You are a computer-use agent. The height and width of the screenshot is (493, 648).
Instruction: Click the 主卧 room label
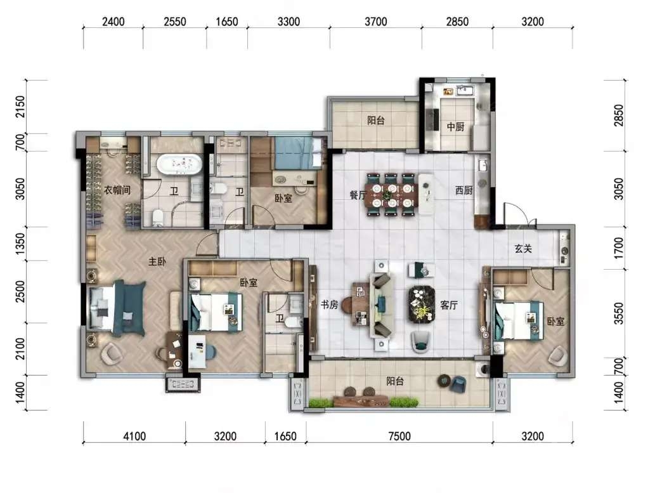point(157,261)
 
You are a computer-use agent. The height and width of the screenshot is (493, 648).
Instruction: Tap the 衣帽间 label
point(117,190)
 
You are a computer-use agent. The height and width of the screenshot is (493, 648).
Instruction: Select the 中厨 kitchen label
point(455,126)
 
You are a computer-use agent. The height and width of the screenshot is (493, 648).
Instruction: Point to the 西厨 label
point(463,190)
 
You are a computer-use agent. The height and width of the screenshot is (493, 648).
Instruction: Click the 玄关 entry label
point(523,249)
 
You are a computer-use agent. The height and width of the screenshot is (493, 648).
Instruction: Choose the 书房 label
point(329,305)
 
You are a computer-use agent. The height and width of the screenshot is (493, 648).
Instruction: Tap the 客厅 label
point(449,305)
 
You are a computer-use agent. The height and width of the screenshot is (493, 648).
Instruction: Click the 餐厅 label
point(358,195)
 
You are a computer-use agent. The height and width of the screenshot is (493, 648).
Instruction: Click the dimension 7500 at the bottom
point(399,436)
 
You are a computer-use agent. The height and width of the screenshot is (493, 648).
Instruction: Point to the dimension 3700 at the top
point(375,22)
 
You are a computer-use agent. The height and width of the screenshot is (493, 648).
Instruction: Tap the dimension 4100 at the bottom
point(134,436)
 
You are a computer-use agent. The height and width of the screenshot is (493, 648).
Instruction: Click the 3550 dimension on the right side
point(618,313)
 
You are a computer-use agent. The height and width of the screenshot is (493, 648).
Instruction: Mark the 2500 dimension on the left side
point(20,291)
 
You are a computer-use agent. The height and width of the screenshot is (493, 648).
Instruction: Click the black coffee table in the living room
point(422,304)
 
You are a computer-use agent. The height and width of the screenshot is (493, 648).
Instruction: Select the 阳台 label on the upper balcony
point(376,121)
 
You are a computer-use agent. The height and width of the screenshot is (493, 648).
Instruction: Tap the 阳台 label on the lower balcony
point(395,381)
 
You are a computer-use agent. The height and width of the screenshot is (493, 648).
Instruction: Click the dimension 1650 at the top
point(227,22)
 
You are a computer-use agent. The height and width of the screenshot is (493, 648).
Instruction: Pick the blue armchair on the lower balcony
point(457,385)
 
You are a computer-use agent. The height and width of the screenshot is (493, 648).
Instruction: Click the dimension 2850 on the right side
point(618,115)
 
